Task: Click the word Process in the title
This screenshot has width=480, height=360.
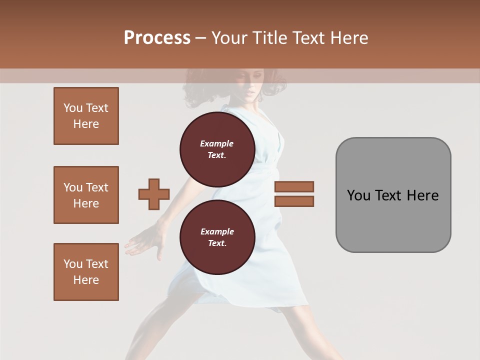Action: pyautogui.click(x=157, y=38)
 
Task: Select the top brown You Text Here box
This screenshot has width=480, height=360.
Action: pyautogui.click(x=86, y=116)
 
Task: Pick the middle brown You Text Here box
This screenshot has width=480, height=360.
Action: pyautogui.click(x=86, y=195)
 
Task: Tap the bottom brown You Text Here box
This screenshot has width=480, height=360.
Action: pyautogui.click(x=86, y=272)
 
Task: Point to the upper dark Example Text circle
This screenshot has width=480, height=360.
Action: pyautogui.click(x=217, y=149)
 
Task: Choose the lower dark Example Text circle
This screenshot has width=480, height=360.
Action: pyautogui.click(x=217, y=237)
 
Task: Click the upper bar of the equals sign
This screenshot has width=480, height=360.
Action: pyautogui.click(x=294, y=186)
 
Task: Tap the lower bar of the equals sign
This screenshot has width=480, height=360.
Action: pyautogui.click(x=294, y=201)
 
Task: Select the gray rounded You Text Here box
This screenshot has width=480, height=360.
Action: pyautogui.click(x=393, y=195)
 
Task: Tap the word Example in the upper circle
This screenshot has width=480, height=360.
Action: pyautogui.click(x=217, y=143)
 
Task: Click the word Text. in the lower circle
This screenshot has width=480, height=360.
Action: pyautogui.click(x=217, y=243)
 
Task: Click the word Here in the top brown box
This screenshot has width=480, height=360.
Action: pyautogui.click(x=86, y=124)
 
